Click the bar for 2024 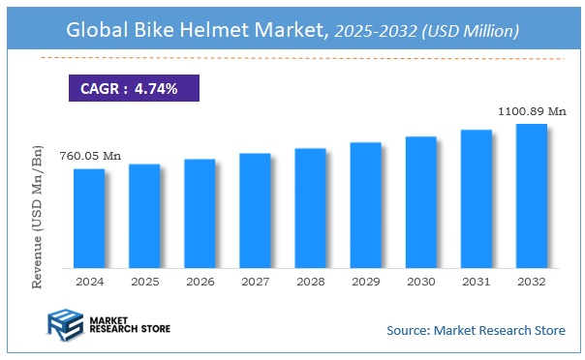88,218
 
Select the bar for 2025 143,216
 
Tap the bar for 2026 199,213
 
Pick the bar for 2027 255,210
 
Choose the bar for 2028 310,208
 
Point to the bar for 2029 365,205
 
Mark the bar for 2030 420,202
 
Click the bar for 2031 476,198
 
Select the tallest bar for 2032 531,195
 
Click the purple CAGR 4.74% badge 135,89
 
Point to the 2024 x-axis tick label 88,281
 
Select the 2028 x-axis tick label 310,281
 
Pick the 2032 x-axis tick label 531,281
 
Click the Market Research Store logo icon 64,324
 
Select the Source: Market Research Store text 476,331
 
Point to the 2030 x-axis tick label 420,281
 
